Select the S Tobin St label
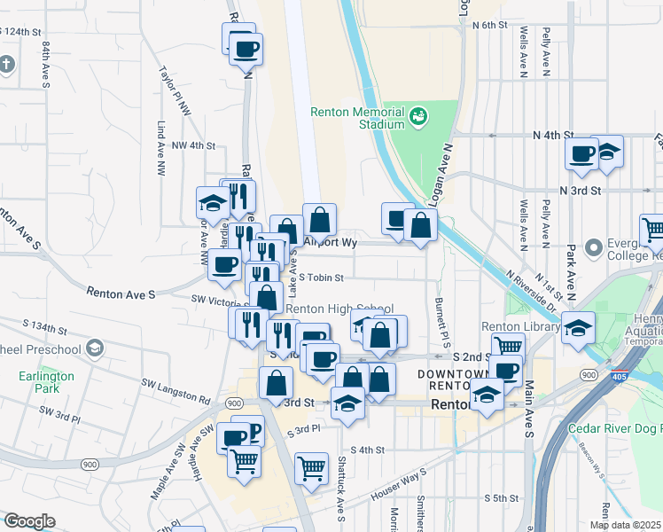click(321, 277)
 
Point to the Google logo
click(28, 521)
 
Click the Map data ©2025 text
click(625, 525)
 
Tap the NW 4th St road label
click(194, 145)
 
